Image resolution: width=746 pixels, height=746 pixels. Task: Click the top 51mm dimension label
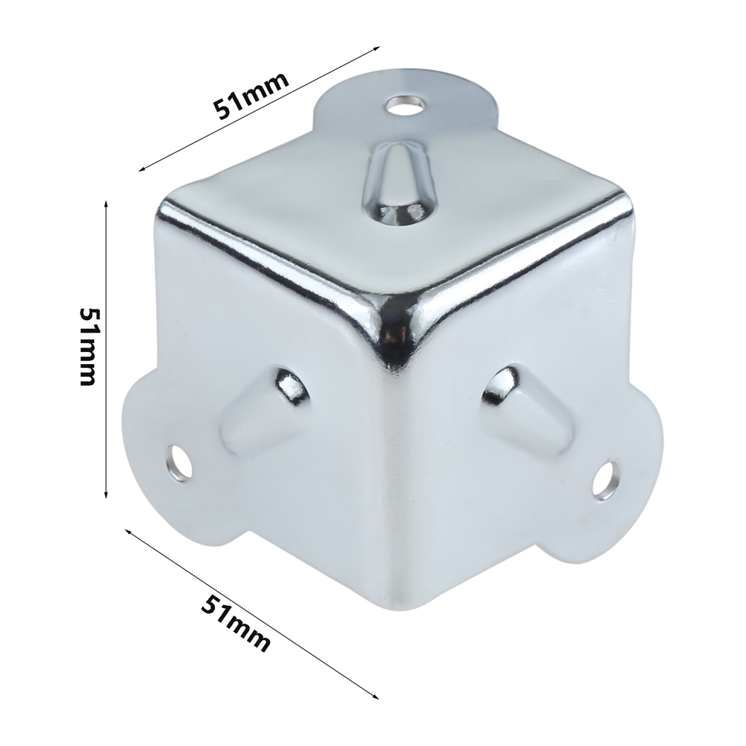tap(251, 96)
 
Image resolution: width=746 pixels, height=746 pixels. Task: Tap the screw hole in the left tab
tap(181, 463)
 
